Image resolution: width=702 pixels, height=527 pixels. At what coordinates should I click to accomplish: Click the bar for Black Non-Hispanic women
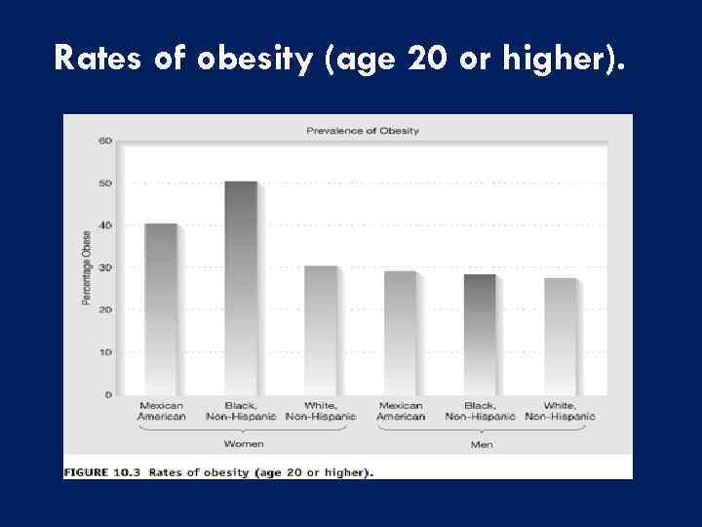[x=242, y=288]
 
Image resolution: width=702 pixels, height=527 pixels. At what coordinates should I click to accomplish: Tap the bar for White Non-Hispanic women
[x=322, y=330]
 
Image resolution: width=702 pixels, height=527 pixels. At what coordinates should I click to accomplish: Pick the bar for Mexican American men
[x=401, y=333]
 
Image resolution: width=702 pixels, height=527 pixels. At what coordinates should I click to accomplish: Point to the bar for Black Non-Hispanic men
[x=481, y=335]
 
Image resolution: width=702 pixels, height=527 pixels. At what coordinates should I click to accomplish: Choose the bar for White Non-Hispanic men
[x=561, y=337]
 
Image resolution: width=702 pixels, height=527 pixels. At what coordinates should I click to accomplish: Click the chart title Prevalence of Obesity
[x=363, y=131]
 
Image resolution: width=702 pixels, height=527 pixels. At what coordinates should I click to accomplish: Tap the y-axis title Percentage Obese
[x=87, y=267]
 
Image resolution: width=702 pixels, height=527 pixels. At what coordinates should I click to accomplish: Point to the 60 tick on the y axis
[x=104, y=141]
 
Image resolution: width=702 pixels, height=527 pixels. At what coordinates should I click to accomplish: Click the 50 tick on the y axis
[x=104, y=183]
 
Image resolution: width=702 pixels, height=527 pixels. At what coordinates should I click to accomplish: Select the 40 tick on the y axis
[x=104, y=225]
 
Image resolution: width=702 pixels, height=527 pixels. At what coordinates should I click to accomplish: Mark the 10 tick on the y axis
[x=104, y=352]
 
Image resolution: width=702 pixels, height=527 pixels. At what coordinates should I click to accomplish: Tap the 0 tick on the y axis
[x=107, y=394]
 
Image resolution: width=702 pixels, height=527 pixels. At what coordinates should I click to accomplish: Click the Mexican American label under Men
[x=401, y=411]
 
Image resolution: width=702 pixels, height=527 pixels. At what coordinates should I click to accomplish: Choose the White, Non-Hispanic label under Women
[x=322, y=411]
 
